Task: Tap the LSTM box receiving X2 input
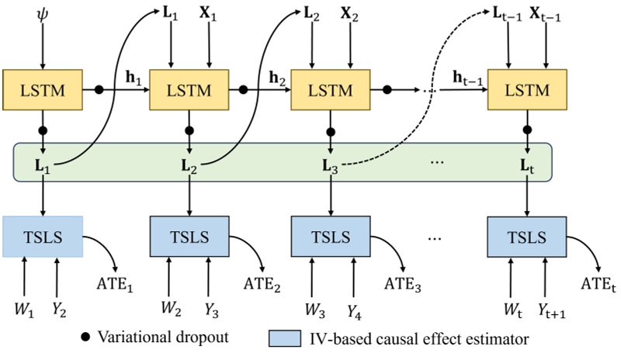[x=331, y=89]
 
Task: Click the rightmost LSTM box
[x=528, y=89]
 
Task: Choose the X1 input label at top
[x=210, y=14]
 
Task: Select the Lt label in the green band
[x=528, y=165]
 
